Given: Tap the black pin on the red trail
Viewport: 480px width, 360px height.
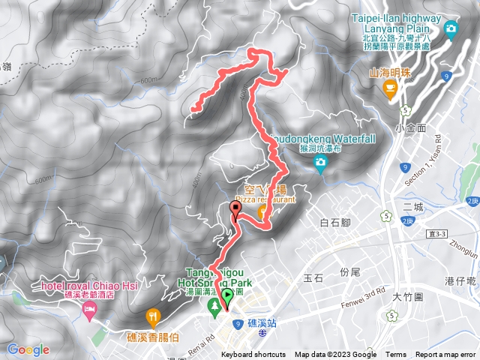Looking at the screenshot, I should coord(236,209).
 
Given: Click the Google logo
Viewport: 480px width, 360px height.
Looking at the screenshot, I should coord(28,349).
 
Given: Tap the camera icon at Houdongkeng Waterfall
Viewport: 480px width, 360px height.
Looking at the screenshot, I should coord(321,163).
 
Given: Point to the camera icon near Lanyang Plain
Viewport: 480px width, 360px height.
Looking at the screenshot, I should coord(451,29).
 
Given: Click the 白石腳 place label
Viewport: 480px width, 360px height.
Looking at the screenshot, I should coord(335,223).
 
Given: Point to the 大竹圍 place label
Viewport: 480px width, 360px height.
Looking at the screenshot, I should coord(408,298).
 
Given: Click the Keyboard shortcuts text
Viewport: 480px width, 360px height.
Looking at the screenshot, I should coord(253,355).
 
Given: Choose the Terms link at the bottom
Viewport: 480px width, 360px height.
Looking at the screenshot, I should coord(396,355).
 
